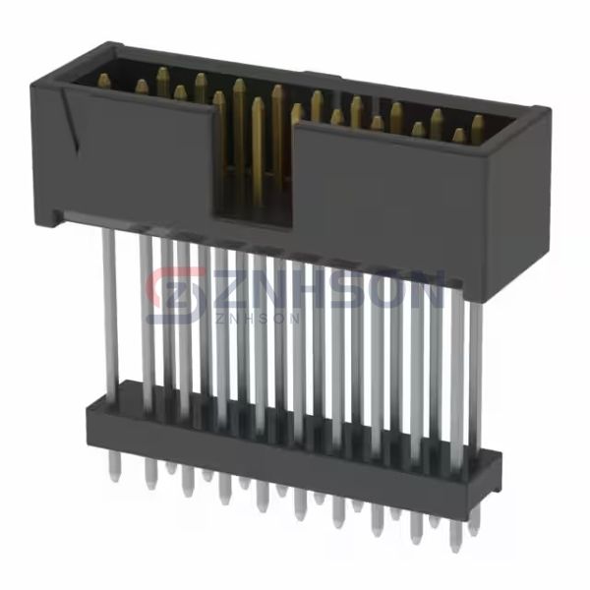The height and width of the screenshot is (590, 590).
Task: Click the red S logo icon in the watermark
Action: (169, 292)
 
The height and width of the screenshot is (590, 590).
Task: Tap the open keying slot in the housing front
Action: (254, 162)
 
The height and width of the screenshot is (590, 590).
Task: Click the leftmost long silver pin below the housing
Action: (109, 305)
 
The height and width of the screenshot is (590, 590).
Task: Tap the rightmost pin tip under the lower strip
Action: (454, 535)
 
